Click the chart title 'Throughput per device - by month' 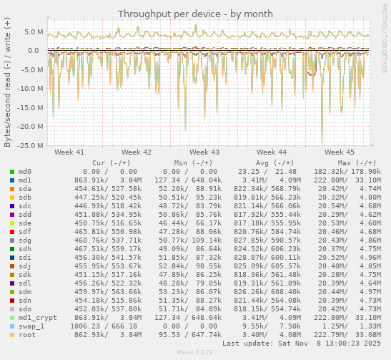(x=195, y=14)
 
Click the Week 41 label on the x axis (x=69, y=152)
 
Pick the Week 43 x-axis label (x=204, y=152)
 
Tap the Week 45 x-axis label (x=339, y=152)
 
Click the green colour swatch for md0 (x=11, y=172)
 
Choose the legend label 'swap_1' (x=31, y=326)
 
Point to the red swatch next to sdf (x=11, y=232)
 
